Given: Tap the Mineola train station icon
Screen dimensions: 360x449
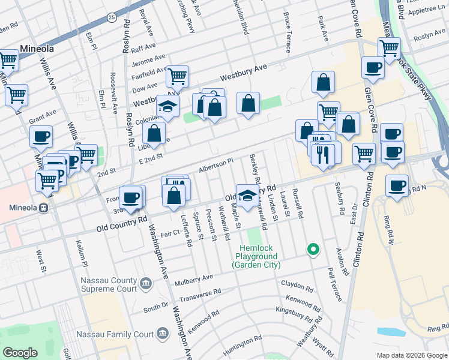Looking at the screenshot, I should [43, 209].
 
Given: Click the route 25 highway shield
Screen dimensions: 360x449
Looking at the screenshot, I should [112, 18].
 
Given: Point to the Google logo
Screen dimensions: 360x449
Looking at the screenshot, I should [20, 353].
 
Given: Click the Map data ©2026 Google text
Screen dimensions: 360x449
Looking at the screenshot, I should [411, 355].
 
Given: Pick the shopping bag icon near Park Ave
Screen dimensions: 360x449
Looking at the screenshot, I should [323, 83].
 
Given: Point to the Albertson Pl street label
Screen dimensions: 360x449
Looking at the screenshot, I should [215, 163].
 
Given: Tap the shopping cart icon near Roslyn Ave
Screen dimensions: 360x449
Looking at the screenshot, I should [389, 47].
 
